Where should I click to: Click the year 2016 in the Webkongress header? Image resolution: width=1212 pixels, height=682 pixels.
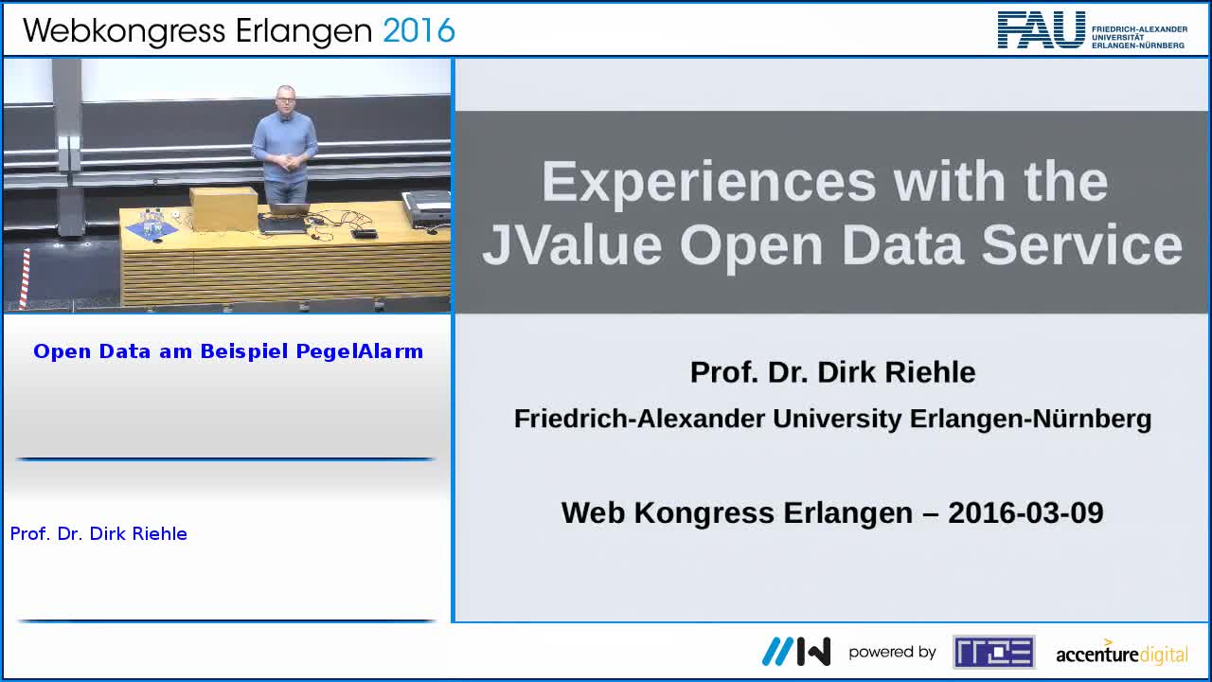[419, 30]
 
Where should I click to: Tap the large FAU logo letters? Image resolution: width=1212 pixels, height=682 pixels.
[1042, 30]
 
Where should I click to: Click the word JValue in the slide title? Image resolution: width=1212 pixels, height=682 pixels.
[572, 245]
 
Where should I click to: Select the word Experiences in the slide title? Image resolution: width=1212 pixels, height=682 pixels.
[709, 183]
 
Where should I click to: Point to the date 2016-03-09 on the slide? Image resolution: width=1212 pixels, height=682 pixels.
[1025, 512]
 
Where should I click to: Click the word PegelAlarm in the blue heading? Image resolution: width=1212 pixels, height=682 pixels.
[360, 351]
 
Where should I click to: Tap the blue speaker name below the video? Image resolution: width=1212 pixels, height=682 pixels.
[98, 533]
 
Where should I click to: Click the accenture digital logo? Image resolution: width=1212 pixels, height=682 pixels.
[1122, 653]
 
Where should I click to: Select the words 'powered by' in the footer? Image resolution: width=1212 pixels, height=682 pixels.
[892, 653]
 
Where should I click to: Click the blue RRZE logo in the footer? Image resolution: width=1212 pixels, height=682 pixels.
[994, 652]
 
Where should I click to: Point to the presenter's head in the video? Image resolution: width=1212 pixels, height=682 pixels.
[285, 99]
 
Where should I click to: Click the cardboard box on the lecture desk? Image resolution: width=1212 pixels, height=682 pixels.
[223, 208]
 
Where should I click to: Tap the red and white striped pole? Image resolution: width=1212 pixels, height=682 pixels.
[25, 279]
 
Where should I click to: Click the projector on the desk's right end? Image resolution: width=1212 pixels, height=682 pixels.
[426, 209]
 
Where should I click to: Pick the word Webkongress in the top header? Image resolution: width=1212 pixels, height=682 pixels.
[124, 32]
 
